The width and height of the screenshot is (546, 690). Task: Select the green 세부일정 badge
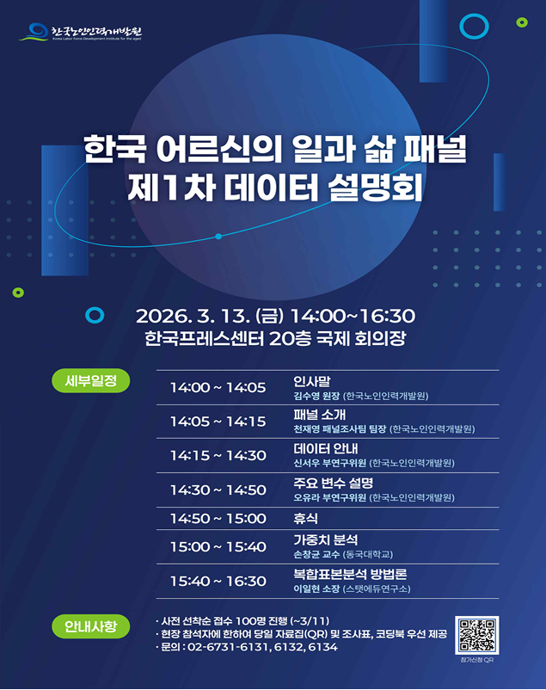pyautogui.click(x=90, y=379)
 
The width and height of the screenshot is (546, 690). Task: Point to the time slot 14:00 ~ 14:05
pyautogui.click(x=218, y=387)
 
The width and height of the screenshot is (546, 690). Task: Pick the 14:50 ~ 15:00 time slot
pyautogui.click(x=218, y=518)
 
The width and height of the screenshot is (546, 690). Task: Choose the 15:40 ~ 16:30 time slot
pyautogui.click(x=218, y=581)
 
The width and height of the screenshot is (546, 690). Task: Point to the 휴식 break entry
pyautogui.click(x=306, y=518)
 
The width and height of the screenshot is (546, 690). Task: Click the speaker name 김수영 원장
pyautogui.click(x=316, y=397)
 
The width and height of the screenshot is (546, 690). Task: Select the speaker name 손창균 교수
pyautogui.click(x=316, y=555)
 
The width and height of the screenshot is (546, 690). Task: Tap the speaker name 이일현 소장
pyautogui.click(x=316, y=589)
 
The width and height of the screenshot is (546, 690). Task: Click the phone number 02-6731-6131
pyautogui.click(x=226, y=647)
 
